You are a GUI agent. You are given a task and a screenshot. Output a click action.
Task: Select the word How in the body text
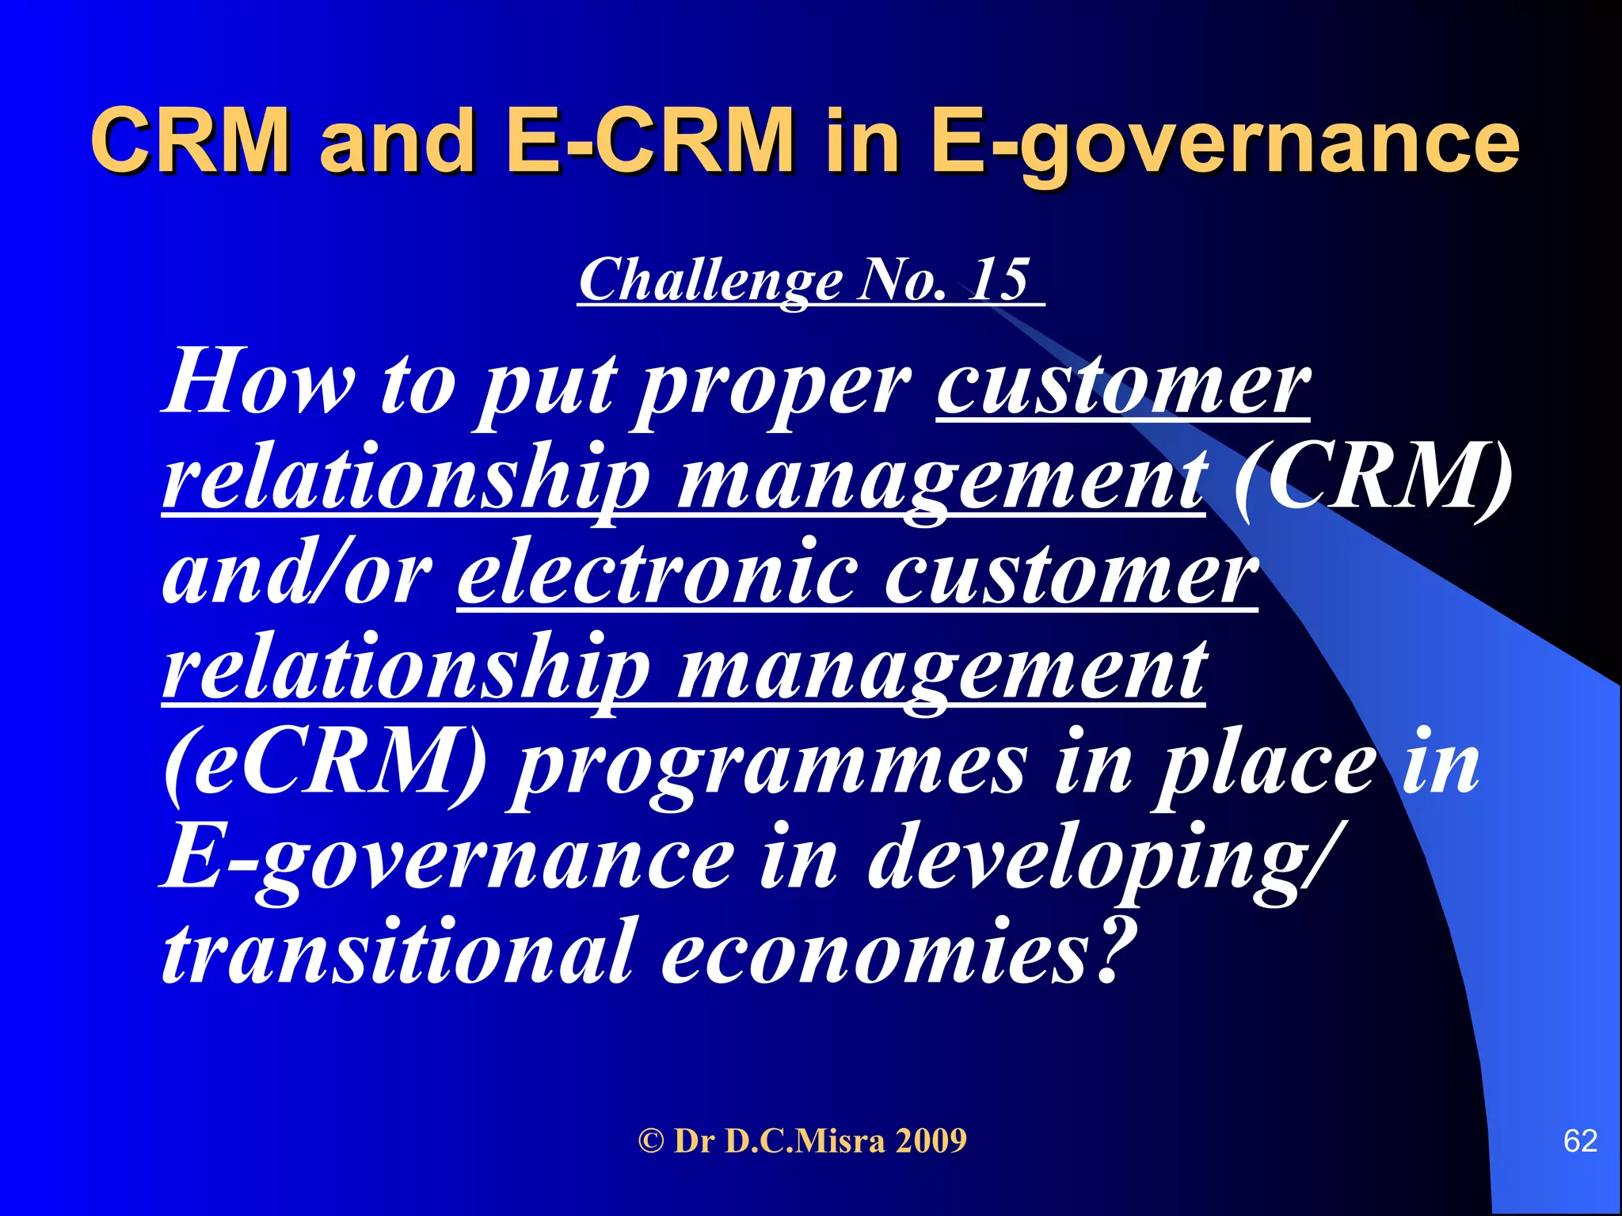pos(257,382)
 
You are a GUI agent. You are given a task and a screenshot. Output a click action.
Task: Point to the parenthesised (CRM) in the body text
pos(1373,479)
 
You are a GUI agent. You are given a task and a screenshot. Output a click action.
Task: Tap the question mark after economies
pos(1113,950)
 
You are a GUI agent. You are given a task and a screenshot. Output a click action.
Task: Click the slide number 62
pos(1580,1141)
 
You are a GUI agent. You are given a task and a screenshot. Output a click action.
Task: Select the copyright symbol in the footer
pos(651,1142)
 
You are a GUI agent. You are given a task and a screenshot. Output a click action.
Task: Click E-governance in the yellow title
pos(1224,142)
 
